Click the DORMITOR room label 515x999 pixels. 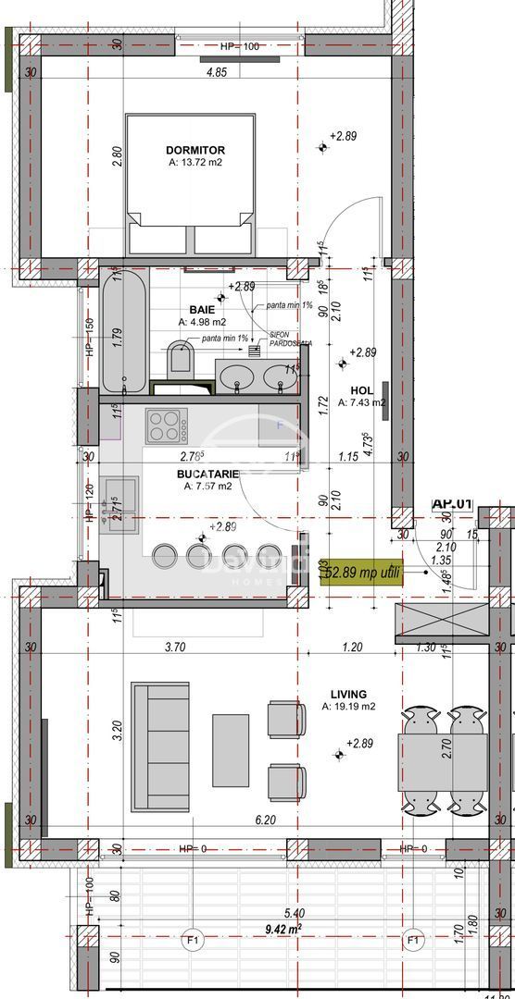195,150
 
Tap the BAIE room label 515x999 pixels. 202,310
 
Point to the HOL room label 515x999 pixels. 360,390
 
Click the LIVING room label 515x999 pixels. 347,694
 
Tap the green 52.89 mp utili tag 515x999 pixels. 363,573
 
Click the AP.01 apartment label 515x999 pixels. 452,504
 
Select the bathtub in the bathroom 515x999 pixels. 123,331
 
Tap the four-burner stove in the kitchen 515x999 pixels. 167,427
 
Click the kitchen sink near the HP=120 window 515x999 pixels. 120,503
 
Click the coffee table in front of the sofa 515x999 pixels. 231,749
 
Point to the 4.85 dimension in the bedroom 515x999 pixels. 216,71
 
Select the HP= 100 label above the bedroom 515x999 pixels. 239,45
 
